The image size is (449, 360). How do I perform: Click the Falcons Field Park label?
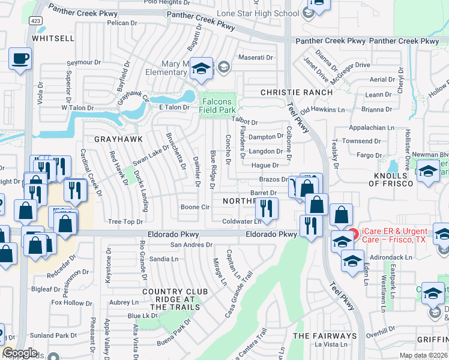tap(218, 106)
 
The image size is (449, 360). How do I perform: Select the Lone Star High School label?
tap(267, 13)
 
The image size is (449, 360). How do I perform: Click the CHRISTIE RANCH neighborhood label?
tap(297, 92)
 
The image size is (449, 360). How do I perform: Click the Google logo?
tap(20, 352)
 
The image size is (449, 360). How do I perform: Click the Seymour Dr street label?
tap(84, 62)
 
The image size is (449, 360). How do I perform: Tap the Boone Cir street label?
tap(195, 207)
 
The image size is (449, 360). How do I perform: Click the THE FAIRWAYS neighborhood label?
tap(324, 335)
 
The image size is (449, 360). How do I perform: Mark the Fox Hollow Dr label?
tap(71, 302)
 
